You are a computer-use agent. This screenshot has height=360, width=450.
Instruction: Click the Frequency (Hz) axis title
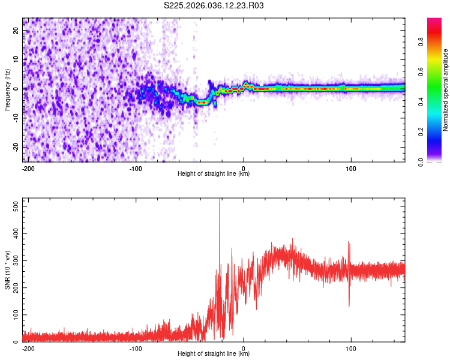[7, 89]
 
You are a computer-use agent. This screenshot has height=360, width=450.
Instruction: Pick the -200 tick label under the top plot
[27, 167]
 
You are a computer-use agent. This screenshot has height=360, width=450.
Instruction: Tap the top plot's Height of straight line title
[214, 173]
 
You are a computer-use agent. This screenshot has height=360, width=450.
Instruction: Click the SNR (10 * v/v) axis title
[7, 270]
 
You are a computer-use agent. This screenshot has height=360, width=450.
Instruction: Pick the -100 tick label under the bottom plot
[135, 348]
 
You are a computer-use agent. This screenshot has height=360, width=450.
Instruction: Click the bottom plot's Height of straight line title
[214, 354]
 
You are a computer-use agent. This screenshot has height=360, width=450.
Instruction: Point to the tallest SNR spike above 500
[220, 200]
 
